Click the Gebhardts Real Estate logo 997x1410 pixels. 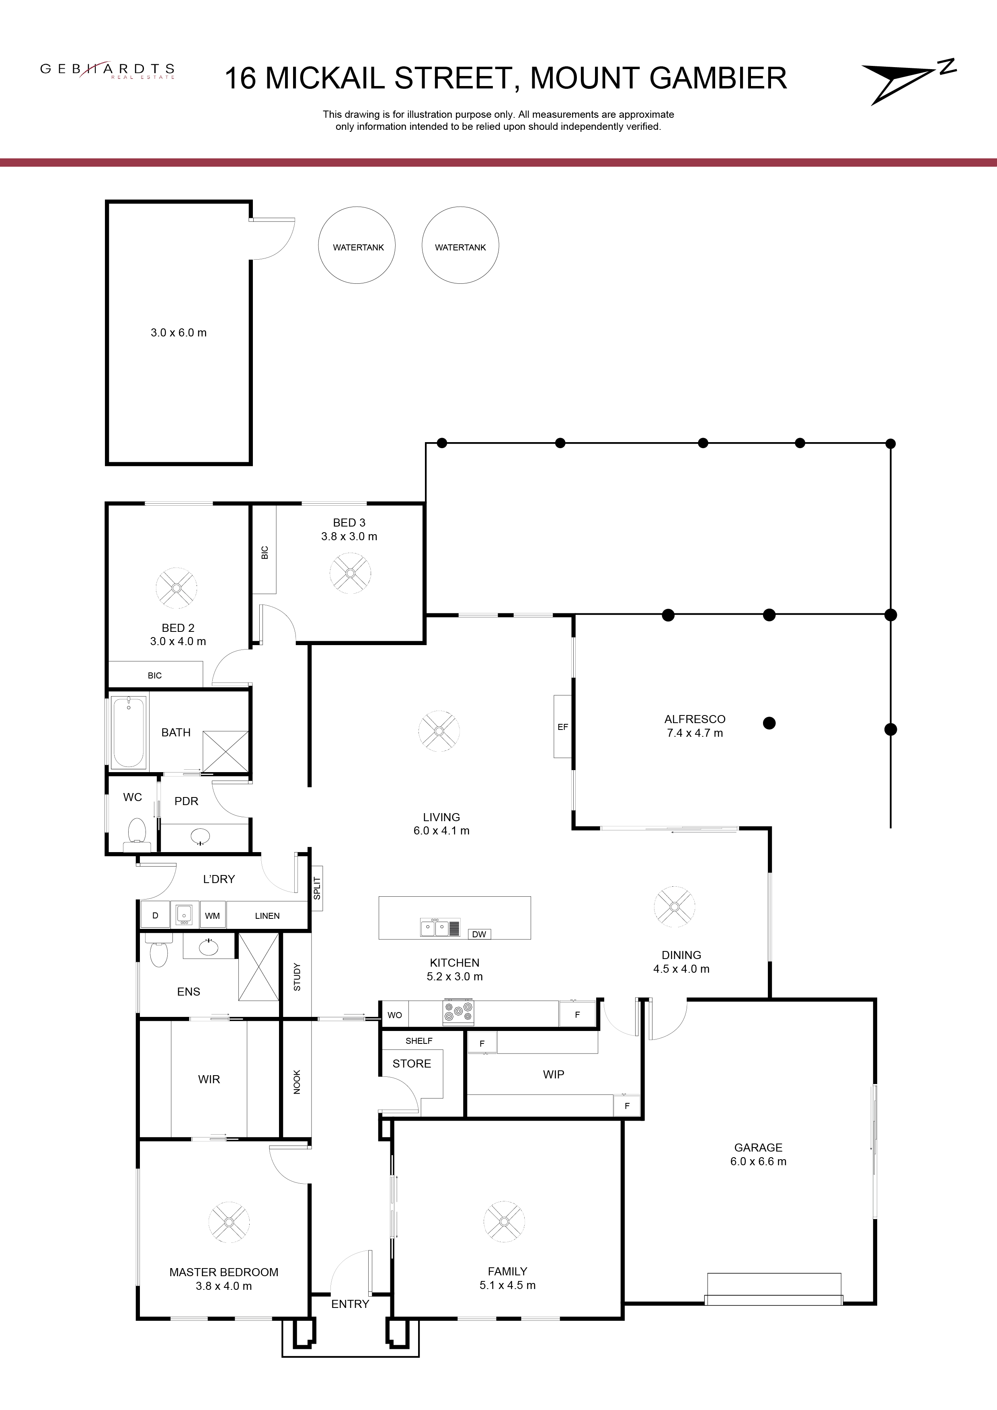[x=107, y=71]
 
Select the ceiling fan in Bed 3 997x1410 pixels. [x=350, y=573]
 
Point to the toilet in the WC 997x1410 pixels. [x=136, y=834]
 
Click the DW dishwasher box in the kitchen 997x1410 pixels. [x=479, y=934]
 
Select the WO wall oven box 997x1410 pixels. [x=394, y=1014]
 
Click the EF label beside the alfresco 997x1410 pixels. [x=563, y=726]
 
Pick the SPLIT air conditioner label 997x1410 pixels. [x=317, y=888]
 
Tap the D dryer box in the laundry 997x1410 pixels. [x=156, y=915]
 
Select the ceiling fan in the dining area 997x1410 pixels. [x=675, y=906]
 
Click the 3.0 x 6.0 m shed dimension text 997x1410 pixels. [x=179, y=333]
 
